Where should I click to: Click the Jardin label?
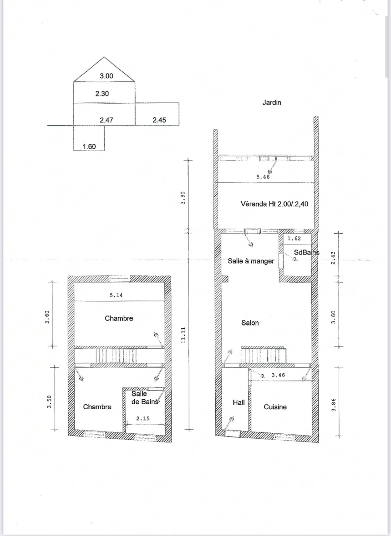click(272, 102)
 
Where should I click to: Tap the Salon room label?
click(250, 323)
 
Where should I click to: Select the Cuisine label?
click(275, 407)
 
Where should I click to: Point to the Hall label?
click(239, 402)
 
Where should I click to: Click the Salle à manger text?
click(251, 261)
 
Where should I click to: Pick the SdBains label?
click(307, 252)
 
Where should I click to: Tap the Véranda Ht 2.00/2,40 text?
click(275, 204)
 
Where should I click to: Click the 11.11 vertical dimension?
click(183, 335)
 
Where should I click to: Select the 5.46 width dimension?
click(263, 177)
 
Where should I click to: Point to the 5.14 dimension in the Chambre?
click(116, 295)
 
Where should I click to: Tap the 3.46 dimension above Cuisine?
click(278, 375)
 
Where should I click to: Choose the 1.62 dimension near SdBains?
click(294, 238)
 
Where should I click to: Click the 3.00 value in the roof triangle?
click(106, 76)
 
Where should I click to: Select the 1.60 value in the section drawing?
click(89, 147)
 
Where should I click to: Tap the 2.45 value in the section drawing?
click(160, 120)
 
